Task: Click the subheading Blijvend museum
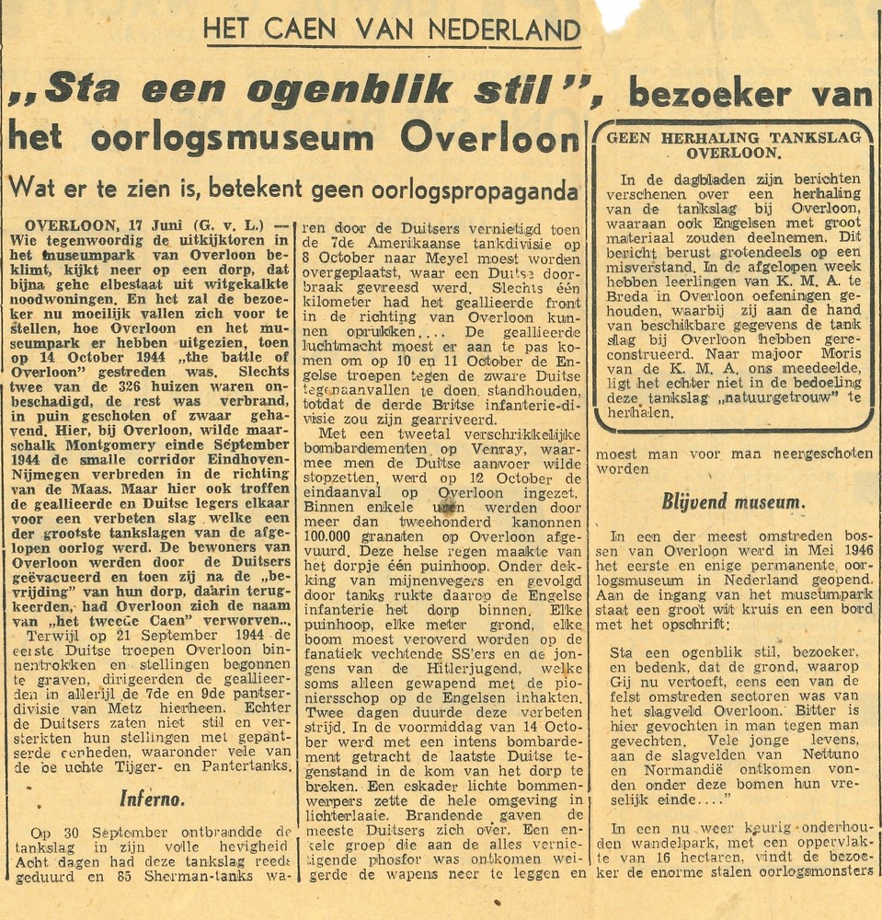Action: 733,501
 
